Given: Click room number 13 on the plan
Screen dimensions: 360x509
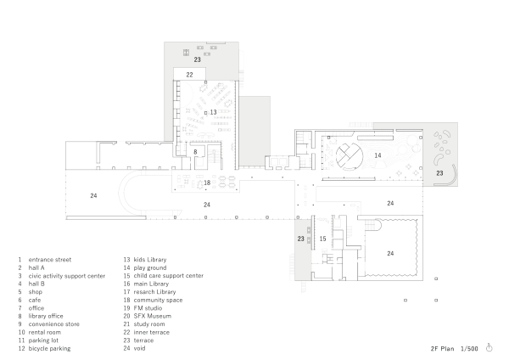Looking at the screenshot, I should click(213, 112).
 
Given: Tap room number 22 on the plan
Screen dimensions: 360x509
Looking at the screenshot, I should click(190, 75).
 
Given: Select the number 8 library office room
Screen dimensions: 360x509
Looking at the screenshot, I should click(195, 152).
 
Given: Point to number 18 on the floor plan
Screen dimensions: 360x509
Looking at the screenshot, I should click(206, 183).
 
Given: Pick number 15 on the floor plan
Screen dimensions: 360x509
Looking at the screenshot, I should click(322, 239).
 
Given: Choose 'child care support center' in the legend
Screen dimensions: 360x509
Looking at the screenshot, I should click(169, 276).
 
